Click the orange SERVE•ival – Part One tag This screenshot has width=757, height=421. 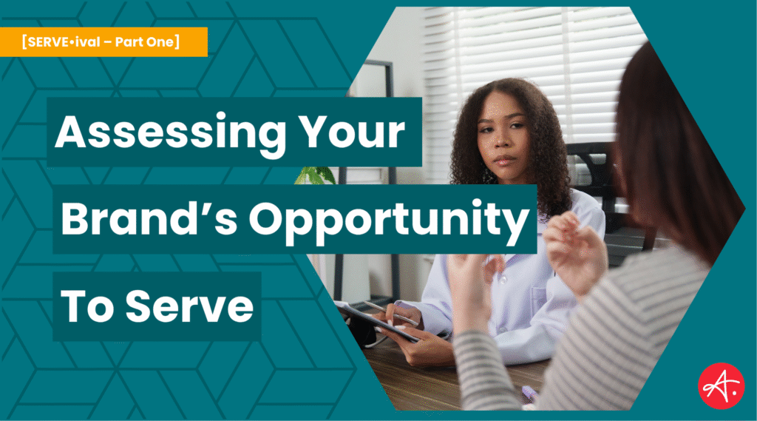coord(103,41)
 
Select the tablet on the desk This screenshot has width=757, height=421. coord(377,320)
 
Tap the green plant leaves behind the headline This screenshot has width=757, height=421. coord(316,176)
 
